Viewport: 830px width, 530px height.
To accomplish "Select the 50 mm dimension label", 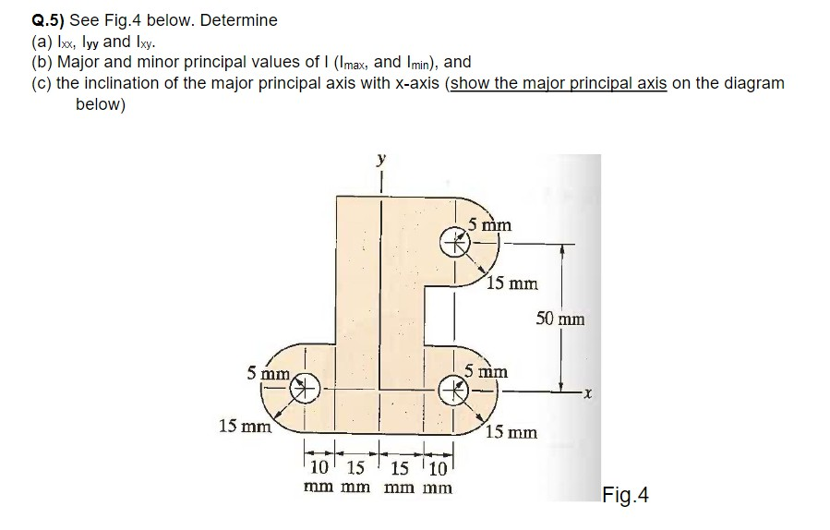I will pyautogui.click(x=559, y=319).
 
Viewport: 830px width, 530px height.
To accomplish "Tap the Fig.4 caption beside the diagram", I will pyautogui.click(x=625, y=496).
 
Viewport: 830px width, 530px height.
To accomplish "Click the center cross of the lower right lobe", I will pyautogui.click(x=453, y=390).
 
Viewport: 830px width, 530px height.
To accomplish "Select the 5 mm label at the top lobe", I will pyautogui.click(x=489, y=224).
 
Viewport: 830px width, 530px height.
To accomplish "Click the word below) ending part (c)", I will pyautogui.click(x=100, y=103).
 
